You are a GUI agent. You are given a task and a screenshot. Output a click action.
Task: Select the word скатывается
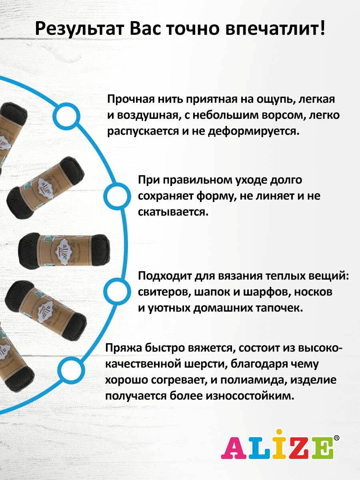coord(173,212)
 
